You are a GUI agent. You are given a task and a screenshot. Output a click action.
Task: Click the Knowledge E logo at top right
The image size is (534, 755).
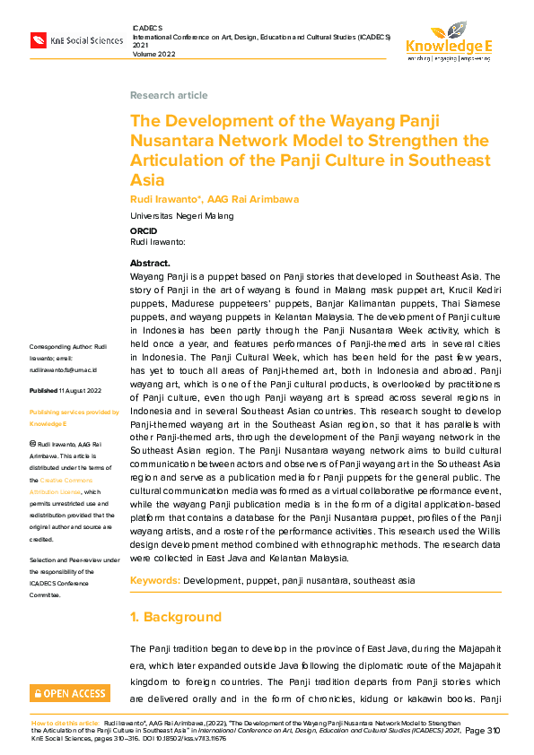(x=449, y=41)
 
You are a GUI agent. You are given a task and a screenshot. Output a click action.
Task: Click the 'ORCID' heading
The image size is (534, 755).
(x=144, y=231)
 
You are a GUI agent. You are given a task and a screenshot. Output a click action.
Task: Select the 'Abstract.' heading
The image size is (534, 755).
(x=150, y=264)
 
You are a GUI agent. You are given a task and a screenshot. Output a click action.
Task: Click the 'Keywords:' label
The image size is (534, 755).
(x=155, y=581)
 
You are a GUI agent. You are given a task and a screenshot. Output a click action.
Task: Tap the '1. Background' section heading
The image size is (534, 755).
(x=175, y=617)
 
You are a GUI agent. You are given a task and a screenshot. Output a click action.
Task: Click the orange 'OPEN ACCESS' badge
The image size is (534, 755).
(x=69, y=693)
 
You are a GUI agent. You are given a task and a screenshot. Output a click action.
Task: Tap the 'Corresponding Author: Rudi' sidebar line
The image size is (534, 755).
(x=68, y=346)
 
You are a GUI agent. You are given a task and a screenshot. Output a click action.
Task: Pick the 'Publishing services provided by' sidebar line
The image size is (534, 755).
(x=74, y=412)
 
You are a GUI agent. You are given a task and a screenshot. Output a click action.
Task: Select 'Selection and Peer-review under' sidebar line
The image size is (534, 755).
(x=73, y=560)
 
